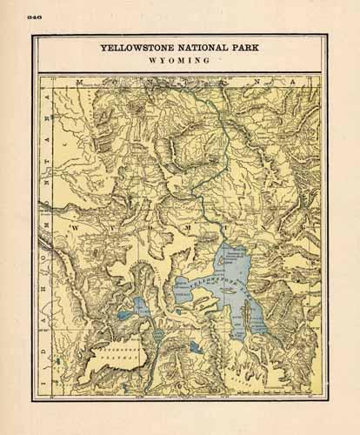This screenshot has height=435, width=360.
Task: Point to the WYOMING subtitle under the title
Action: point(180,63)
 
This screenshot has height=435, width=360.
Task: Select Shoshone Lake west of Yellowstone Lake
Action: point(143,307)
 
